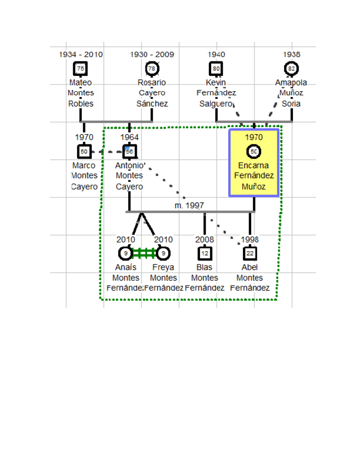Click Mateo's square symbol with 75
click(x=81, y=69)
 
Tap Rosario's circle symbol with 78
click(x=152, y=69)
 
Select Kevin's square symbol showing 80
click(x=216, y=69)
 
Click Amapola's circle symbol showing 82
click(x=291, y=69)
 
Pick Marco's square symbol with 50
click(x=84, y=151)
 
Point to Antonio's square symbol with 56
click(x=129, y=151)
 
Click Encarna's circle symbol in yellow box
click(x=254, y=151)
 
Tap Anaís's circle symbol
click(x=126, y=253)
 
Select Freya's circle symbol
click(x=163, y=253)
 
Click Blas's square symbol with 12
click(x=204, y=253)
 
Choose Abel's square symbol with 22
click(x=250, y=253)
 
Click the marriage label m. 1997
click(x=189, y=206)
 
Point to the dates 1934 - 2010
click(x=81, y=55)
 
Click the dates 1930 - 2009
click(x=152, y=55)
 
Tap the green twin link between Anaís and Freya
click(x=145, y=253)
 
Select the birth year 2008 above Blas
click(x=204, y=240)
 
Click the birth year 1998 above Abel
click(x=250, y=240)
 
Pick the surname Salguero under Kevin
click(x=216, y=103)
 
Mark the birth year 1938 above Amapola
click(x=291, y=55)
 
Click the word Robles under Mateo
click(x=81, y=103)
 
